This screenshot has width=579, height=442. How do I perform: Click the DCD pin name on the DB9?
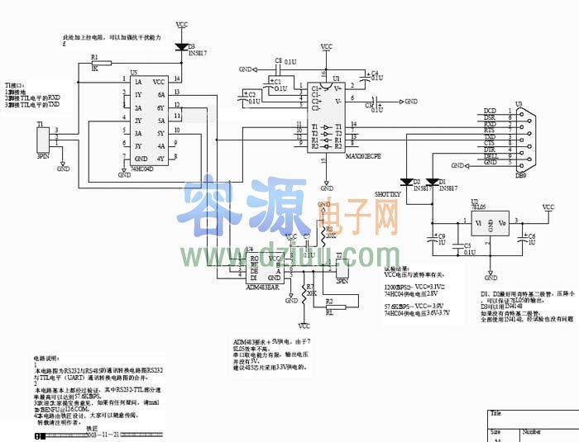(490, 111)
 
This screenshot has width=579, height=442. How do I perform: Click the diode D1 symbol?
(432, 182)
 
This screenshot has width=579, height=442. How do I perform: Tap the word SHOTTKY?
(388, 194)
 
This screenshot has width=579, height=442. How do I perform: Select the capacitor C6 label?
(532, 236)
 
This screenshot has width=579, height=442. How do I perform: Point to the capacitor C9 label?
(443, 236)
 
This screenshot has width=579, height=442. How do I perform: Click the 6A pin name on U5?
(160, 94)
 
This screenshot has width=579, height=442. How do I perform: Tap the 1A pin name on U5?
(138, 82)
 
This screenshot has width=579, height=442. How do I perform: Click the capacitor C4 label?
(375, 73)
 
